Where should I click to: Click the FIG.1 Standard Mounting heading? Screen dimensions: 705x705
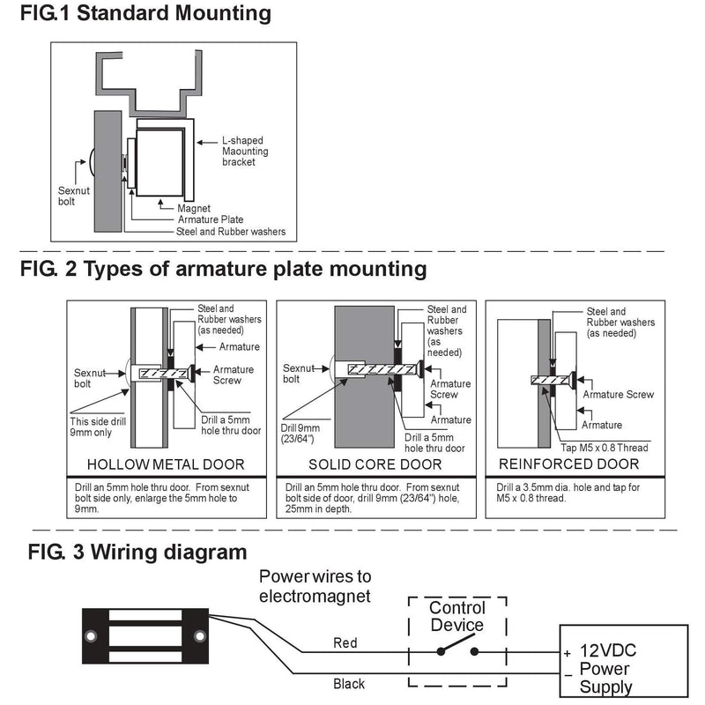145,13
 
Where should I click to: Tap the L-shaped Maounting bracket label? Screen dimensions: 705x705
245,151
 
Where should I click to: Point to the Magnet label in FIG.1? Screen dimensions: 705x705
194,208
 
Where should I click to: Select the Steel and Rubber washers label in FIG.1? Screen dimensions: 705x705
231,232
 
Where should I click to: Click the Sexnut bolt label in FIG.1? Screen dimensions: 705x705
74,196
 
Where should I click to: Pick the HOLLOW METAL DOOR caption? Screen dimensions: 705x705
166,464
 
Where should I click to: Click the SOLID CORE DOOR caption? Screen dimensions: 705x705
375,464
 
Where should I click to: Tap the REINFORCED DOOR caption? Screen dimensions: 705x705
568,464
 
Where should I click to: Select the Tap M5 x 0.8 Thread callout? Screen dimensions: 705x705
605,448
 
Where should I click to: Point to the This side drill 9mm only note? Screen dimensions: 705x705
98,427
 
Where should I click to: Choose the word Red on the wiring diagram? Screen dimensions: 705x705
345,643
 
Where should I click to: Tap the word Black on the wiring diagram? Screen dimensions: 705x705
349,684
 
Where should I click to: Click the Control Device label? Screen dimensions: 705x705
456,616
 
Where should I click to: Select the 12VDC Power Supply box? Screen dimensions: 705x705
624,661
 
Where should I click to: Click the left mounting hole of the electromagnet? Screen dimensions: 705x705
92,636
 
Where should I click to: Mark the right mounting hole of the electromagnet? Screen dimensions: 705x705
200,636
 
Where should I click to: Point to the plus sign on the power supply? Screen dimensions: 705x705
568,653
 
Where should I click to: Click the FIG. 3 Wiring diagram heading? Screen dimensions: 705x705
137,552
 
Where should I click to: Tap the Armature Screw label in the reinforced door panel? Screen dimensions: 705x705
619,394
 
